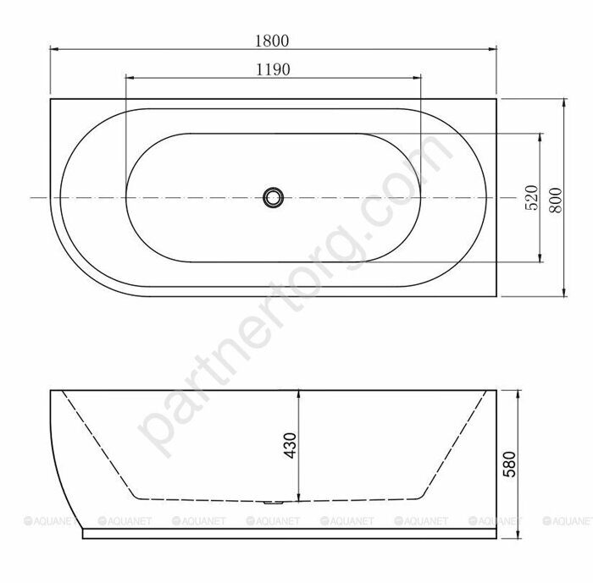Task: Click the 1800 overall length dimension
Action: [x=272, y=40]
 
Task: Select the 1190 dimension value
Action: [x=273, y=70]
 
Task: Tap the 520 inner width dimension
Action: [x=531, y=197]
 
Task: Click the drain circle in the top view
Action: [x=273, y=197]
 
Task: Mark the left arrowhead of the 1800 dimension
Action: [x=53, y=49]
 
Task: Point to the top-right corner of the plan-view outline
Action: [x=497, y=99]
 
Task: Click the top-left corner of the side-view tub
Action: [x=51, y=390]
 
